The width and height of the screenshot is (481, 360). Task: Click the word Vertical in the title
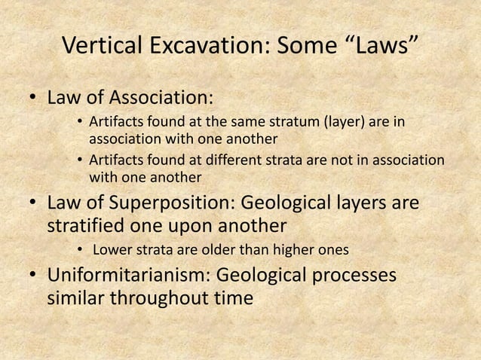(100, 50)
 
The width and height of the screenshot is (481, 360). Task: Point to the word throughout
(167, 298)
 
